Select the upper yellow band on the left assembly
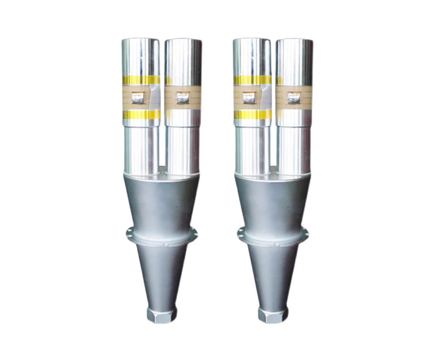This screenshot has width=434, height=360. coord(141,80)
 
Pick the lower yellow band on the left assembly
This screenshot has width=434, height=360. coord(141,115)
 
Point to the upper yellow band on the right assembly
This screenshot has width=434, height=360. coord(252,80)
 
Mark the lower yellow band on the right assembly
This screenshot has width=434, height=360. coord(252,115)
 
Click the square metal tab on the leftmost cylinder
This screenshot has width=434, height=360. coord(137,97)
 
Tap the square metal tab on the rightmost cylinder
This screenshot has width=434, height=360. coord(294,97)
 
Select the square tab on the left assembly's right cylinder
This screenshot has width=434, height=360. coord(183,97)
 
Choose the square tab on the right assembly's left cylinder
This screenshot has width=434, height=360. coord(249,97)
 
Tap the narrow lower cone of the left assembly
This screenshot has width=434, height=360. coord(162,275)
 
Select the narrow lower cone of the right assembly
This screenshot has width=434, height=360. coord(273,275)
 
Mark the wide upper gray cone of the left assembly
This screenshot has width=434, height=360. coord(161,202)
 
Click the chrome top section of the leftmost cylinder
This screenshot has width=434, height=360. coord(140,56)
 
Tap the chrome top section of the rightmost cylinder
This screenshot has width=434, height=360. coord(294,56)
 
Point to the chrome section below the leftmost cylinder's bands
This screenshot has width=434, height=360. coord(141,148)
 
